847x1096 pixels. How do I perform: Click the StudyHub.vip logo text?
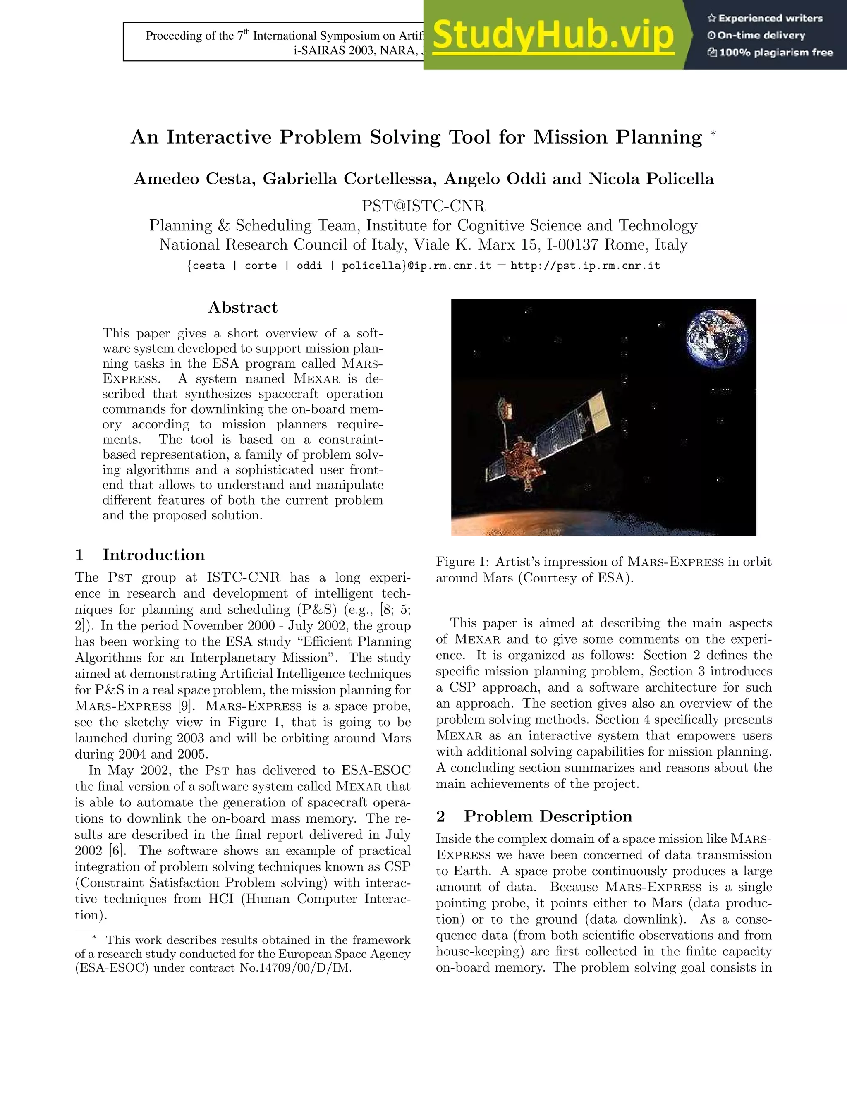pos(553,35)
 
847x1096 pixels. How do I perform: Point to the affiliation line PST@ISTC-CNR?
pos(423,206)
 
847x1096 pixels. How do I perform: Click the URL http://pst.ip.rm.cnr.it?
pos(585,266)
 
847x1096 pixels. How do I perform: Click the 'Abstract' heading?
pos(243,307)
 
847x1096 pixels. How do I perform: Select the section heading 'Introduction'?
pos(153,555)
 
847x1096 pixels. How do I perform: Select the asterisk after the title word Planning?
pos(713,134)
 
